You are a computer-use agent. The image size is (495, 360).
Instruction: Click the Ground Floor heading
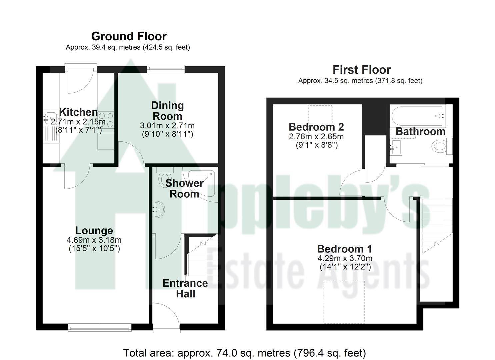tap(129, 36)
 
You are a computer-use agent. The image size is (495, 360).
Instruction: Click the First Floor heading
tap(361, 70)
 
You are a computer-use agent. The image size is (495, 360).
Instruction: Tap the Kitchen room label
tap(78, 112)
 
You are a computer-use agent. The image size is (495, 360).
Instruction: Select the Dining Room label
tap(167, 111)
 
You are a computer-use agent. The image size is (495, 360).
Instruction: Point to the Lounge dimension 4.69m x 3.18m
tap(94, 240)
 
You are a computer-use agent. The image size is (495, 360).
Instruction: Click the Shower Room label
tap(184, 188)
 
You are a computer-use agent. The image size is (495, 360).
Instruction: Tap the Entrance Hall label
tap(185, 288)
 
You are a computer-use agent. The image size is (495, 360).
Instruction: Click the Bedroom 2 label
tap(316, 127)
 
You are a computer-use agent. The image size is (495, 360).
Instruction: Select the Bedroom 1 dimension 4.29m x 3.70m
tap(345, 258)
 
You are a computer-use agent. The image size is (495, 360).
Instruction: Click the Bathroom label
tap(420, 131)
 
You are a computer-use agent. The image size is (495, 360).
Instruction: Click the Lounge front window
tap(99, 328)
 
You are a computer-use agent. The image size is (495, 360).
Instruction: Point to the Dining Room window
tap(166, 69)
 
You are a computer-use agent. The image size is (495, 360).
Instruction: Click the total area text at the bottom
tap(244, 353)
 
